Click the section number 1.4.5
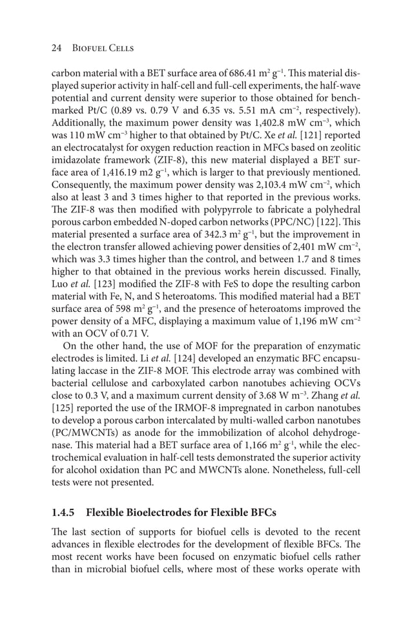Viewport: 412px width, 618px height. click(63, 513)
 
